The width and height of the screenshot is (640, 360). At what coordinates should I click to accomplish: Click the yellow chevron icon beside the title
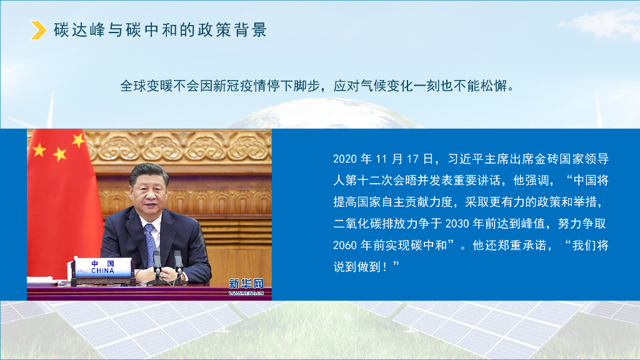(x=39, y=30)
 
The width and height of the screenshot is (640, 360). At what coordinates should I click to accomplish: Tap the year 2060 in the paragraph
(x=344, y=246)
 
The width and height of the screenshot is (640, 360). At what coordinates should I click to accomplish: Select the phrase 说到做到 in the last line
(x=361, y=267)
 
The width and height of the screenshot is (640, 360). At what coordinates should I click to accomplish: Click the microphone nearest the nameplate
(x=156, y=261)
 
